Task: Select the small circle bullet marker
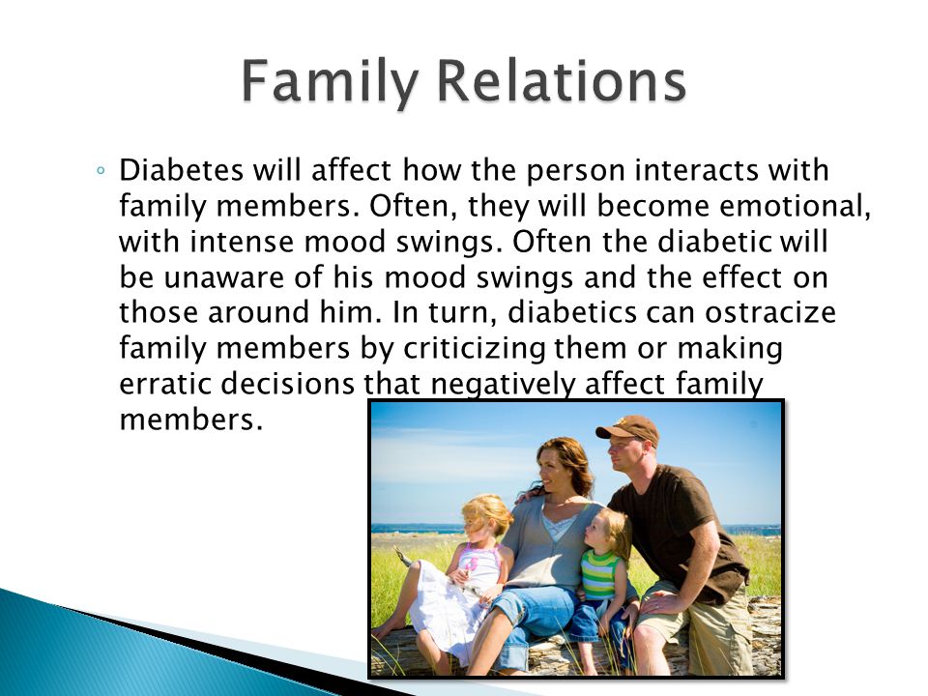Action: click(x=101, y=171)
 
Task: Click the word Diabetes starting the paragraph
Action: click(x=181, y=170)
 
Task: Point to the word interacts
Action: click(x=697, y=171)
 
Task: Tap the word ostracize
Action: click(x=770, y=312)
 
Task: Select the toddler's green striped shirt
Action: click(x=600, y=574)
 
